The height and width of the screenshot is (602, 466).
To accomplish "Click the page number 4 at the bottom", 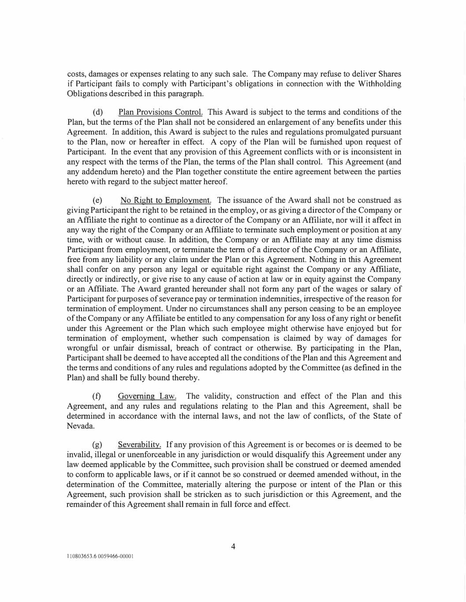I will [233, 546].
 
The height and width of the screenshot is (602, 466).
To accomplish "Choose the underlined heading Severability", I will [139, 445].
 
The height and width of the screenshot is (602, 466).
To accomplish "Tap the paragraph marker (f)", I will [97, 396].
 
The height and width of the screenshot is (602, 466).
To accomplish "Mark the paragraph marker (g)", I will [97, 445].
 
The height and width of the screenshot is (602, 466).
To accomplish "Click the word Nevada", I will [79, 426].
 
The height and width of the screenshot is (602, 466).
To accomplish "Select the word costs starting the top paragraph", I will [76, 74].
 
